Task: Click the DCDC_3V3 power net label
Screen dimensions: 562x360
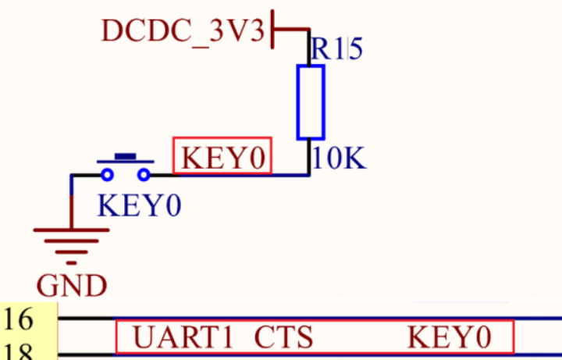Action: point(183,30)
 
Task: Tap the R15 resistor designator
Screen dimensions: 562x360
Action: point(337,48)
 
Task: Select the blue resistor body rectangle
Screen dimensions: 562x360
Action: point(311,102)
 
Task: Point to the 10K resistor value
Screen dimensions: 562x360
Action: point(339,158)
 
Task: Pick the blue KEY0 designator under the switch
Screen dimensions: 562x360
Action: point(140,206)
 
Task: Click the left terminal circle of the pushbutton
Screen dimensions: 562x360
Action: point(107,175)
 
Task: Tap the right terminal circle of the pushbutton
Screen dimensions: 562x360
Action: point(144,175)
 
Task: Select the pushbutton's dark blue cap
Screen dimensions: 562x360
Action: point(126,156)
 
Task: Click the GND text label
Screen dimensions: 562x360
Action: point(72,286)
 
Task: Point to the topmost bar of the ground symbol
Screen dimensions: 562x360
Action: point(71,230)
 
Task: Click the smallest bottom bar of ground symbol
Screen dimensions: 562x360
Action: point(71,263)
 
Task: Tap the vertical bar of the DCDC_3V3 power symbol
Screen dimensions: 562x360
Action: point(272,29)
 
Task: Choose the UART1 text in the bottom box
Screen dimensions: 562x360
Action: point(183,337)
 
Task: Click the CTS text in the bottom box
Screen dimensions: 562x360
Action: point(283,337)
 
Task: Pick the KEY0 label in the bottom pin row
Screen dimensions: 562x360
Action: point(450,337)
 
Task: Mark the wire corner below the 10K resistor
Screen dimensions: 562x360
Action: point(309,175)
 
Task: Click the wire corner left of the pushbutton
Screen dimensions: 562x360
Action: point(72,176)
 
